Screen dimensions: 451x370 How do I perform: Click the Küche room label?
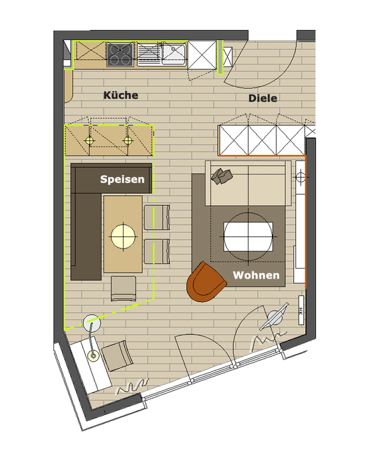click(x=121, y=96)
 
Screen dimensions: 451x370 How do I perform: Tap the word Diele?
click(x=262, y=98)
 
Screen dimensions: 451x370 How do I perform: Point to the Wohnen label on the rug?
click(x=256, y=275)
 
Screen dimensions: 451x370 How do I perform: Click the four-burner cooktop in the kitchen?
click(x=121, y=54)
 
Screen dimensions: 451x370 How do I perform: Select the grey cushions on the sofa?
click(x=221, y=175)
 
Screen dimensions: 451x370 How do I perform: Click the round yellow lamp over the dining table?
click(x=123, y=235)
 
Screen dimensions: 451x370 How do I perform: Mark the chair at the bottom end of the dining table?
click(x=124, y=288)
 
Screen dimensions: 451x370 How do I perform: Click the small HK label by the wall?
click(x=300, y=311)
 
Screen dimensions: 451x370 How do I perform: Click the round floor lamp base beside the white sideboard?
click(x=91, y=324)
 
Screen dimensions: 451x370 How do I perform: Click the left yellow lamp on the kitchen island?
click(x=89, y=140)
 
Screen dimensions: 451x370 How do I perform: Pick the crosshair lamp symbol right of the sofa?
click(x=300, y=177)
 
